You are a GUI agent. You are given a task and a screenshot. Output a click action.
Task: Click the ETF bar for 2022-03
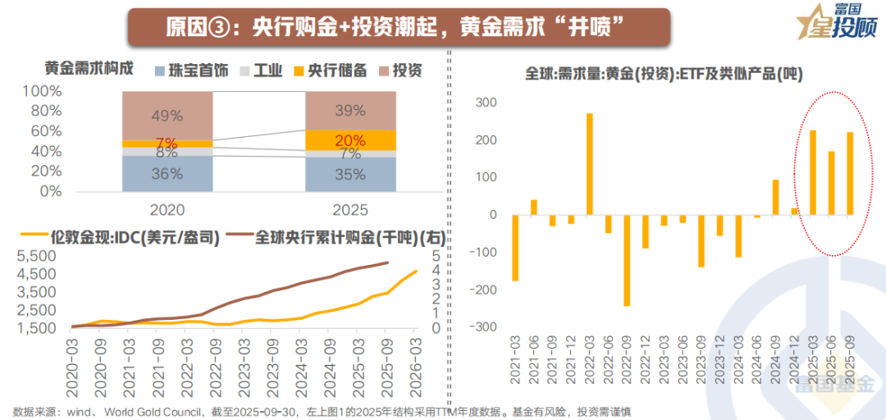(590, 164)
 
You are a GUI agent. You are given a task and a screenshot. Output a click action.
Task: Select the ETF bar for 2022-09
(628, 260)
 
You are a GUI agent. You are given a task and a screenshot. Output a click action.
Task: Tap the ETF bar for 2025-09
(850, 173)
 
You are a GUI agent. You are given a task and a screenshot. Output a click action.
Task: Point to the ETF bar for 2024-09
(775, 197)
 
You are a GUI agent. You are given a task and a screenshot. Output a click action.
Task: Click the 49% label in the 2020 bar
(167, 116)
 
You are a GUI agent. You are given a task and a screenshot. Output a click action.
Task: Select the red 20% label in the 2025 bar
(350, 140)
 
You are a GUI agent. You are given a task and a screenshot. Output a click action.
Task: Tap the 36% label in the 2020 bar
(167, 173)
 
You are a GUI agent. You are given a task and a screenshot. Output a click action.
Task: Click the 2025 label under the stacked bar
(350, 209)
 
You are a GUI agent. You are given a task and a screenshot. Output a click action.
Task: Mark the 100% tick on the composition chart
(41, 91)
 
